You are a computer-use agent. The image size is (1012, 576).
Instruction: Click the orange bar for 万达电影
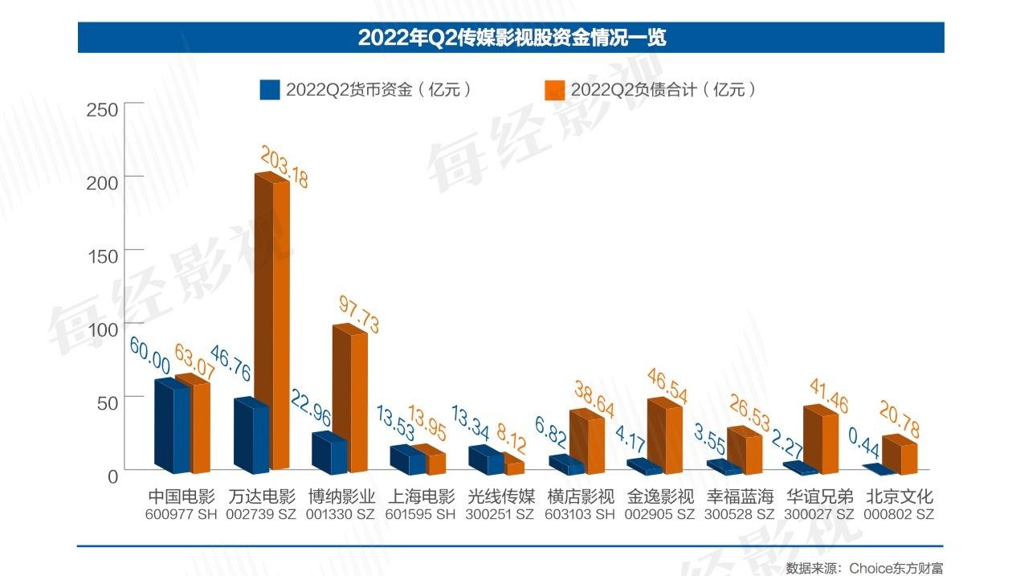click(272, 321)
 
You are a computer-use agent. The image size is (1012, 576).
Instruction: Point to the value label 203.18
click(282, 167)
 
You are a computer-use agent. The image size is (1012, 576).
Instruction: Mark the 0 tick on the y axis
click(112, 476)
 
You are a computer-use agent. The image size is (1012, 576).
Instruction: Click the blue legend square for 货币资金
click(269, 89)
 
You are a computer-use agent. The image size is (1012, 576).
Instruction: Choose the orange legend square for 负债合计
click(554, 89)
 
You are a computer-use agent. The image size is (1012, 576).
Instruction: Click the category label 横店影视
click(580, 496)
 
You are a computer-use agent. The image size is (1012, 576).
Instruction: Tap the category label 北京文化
click(899, 496)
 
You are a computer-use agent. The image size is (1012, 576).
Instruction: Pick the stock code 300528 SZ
click(739, 514)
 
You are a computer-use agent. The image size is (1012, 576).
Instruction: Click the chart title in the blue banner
click(512, 37)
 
